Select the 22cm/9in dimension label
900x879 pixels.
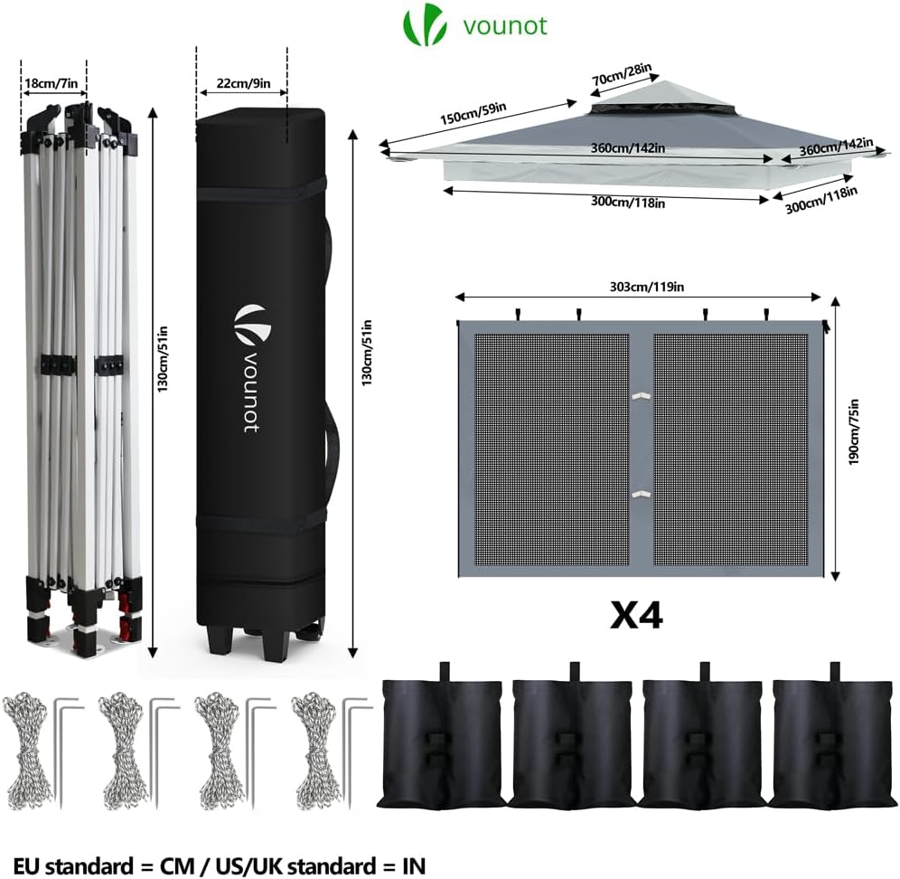click(x=240, y=83)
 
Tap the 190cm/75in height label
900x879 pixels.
click(x=854, y=437)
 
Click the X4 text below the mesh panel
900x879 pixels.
click(x=636, y=615)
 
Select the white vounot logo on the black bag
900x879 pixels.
click(x=246, y=323)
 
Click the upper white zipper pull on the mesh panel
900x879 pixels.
click(x=641, y=395)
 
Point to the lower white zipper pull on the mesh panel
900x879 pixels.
click(x=641, y=493)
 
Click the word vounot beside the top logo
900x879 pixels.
click(x=504, y=25)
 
